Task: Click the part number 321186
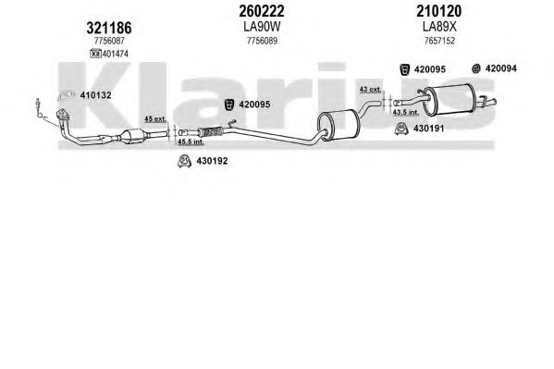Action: (x=109, y=28)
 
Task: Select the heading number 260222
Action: (x=262, y=11)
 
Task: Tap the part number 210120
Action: (x=438, y=11)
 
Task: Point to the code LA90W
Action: (x=262, y=27)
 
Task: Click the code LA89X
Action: (x=439, y=27)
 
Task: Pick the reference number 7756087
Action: (x=109, y=41)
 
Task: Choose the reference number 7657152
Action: (x=439, y=41)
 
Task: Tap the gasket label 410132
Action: (x=96, y=95)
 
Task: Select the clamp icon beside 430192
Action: (x=184, y=161)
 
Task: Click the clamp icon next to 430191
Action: (x=401, y=129)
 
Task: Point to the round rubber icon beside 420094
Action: (x=476, y=68)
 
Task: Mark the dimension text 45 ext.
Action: (x=155, y=118)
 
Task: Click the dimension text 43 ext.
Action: (x=370, y=90)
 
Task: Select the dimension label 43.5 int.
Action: (x=406, y=112)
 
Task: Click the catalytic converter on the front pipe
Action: (x=133, y=137)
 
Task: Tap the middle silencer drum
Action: (x=339, y=125)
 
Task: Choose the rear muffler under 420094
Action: (x=449, y=100)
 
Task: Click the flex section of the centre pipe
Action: (x=210, y=132)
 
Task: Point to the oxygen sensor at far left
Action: (x=38, y=106)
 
